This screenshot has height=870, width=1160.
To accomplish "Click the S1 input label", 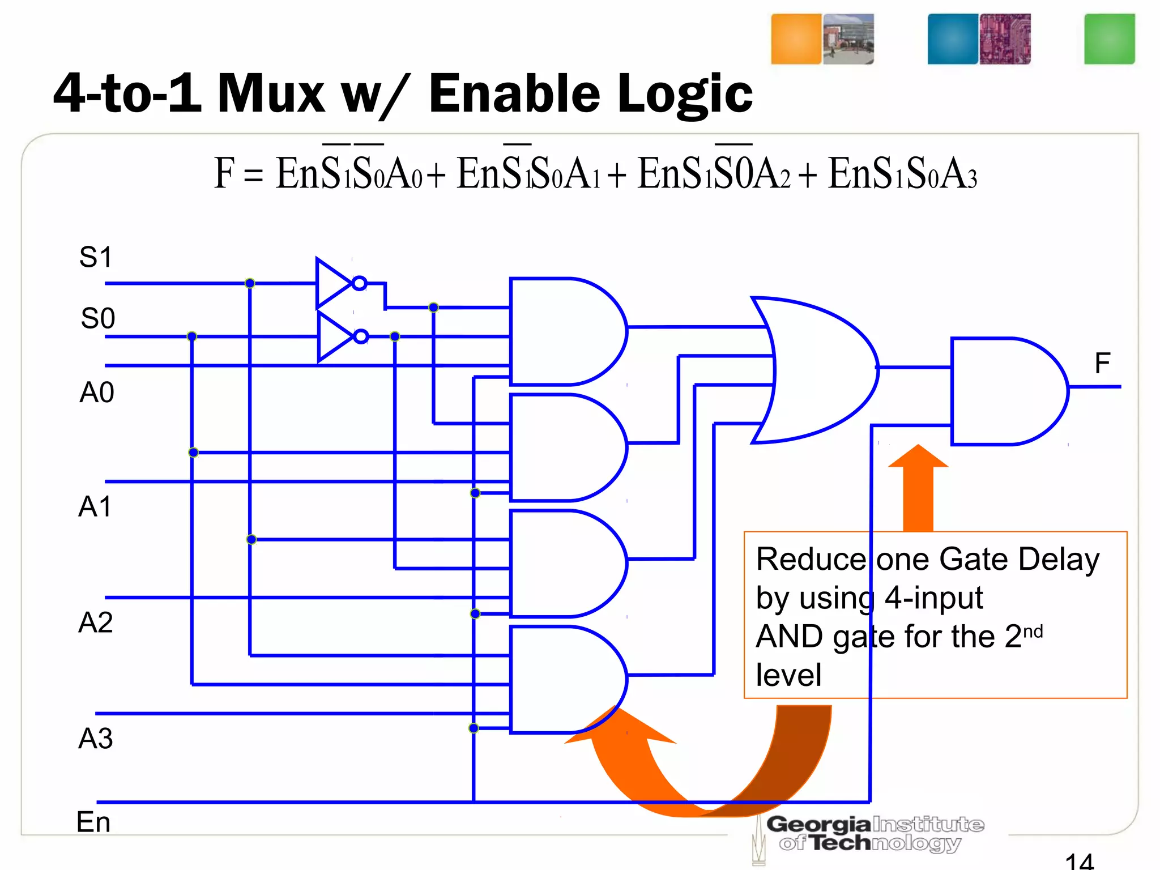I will [x=96, y=258].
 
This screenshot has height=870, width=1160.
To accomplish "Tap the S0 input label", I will [x=97, y=318].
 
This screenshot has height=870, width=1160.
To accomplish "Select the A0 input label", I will [x=97, y=393].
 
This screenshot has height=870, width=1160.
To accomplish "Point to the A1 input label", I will [x=95, y=507].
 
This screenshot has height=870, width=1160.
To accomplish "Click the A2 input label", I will [x=95, y=622].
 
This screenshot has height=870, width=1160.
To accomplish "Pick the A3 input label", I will [x=95, y=739].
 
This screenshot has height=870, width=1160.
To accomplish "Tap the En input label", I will [x=93, y=822].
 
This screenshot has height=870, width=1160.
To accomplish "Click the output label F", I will [x=1102, y=363].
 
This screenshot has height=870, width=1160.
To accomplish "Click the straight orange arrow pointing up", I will [x=918, y=487].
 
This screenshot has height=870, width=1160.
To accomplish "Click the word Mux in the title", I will [x=271, y=94].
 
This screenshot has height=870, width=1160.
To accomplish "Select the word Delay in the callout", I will [x=1059, y=560].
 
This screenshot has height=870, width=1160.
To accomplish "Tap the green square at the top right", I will [x=1109, y=39].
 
